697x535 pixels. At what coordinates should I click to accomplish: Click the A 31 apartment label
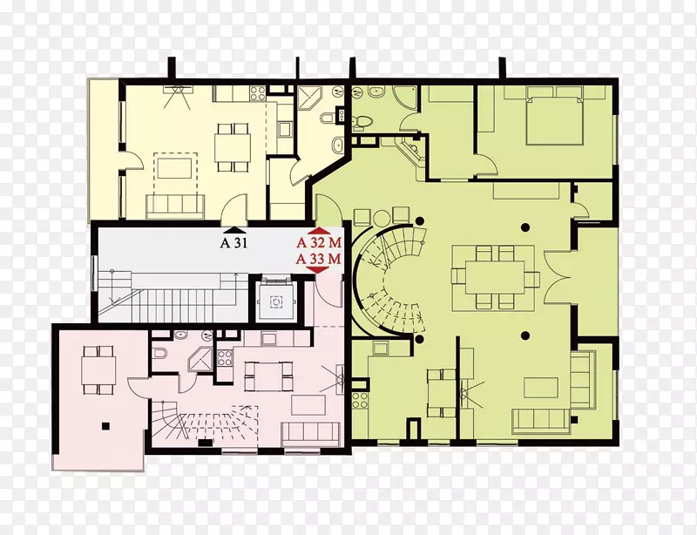tap(233, 243)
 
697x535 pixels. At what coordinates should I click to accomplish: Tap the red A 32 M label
tap(319, 243)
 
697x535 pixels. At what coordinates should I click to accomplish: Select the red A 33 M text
tap(319, 259)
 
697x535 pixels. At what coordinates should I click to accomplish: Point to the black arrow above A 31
tap(233, 230)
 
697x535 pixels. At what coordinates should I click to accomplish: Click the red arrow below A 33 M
tap(318, 270)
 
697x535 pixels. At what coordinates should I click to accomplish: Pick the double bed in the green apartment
tap(554, 116)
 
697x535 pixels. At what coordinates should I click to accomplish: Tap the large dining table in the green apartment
tap(495, 277)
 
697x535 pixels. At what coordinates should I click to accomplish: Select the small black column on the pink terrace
tap(105, 426)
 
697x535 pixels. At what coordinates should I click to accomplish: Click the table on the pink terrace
tap(98, 370)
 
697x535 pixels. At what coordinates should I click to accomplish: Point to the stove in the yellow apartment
tap(257, 93)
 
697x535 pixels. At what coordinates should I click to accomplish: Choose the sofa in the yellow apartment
tap(175, 207)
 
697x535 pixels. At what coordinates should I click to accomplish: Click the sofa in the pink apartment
tap(311, 433)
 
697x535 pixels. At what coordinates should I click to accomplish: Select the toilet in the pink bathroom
tap(159, 354)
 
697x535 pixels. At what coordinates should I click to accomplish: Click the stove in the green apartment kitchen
tap(360, 399)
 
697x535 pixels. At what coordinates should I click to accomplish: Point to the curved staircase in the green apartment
tap(388, 280)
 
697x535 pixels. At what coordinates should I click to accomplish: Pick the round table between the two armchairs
tap(382, 218)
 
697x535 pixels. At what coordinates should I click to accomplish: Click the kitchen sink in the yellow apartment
tap(284, 130)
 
